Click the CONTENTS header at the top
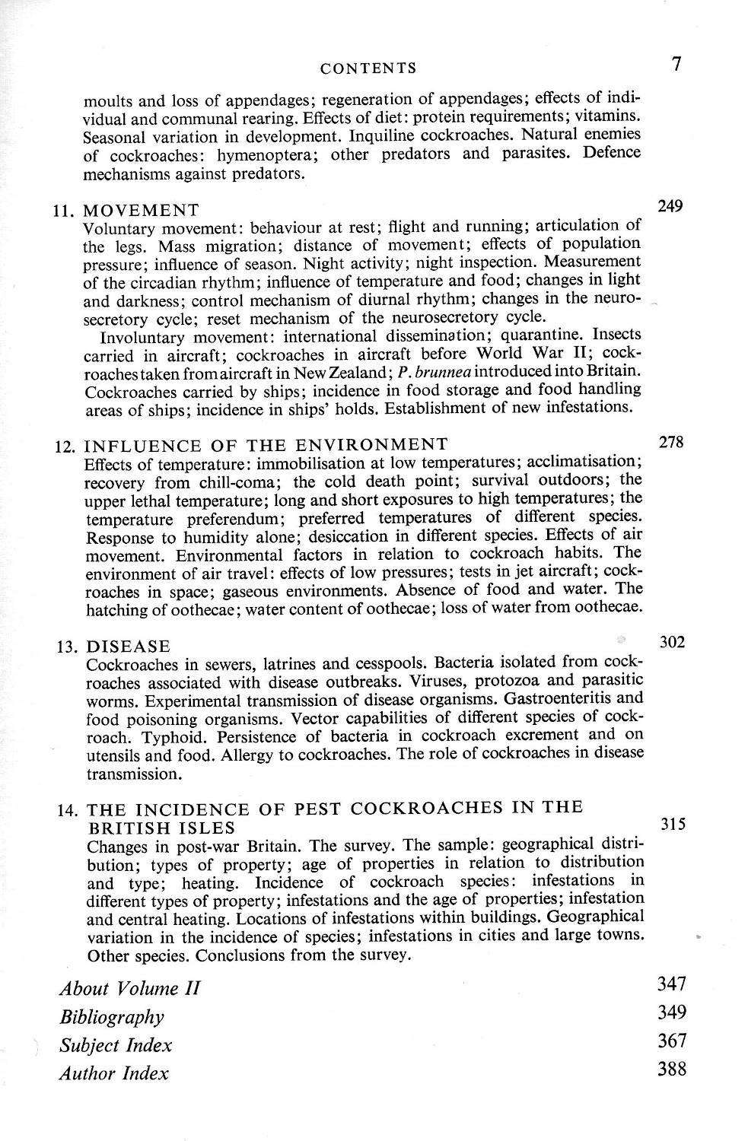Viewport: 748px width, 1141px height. point(368,68)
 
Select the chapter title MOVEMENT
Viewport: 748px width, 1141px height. point(142,210)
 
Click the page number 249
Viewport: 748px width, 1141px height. point(670,205)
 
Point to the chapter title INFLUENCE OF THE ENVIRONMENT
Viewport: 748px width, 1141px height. point(266,444)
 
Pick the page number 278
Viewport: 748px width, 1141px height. point(670,441)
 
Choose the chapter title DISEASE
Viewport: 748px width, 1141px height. point(129,647)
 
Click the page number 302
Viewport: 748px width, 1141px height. point(672,642)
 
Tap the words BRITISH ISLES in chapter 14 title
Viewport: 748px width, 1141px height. point(161,828)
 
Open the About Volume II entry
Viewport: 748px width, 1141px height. point(129,988)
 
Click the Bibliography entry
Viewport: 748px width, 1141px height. point(112,1017)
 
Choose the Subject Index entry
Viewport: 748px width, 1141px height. point(116,1045)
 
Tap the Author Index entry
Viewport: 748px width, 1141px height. point(114,1073)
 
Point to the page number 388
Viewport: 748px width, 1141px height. point(672,1069)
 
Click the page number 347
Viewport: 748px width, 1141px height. point(672,984)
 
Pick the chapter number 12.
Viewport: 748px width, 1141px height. point(66,446)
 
